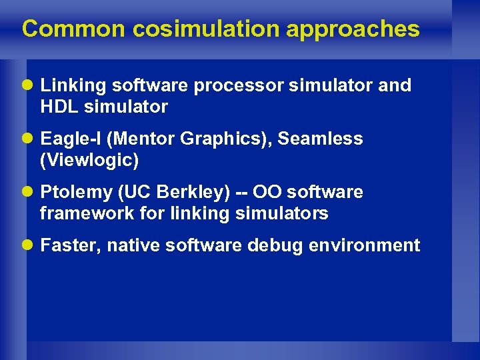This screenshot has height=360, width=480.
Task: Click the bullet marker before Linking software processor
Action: pyautogui.click(x=29, y=85)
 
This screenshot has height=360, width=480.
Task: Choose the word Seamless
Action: pyautogui.click(x=320, y=139)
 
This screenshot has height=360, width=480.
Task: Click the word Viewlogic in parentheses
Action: pyautogui.click(x=89, y=160)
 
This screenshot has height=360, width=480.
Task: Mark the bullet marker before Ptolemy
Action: pyautogui.click(x=29, y=192)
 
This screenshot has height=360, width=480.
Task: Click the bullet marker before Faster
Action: pyautogui.click(x=29, y=245)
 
